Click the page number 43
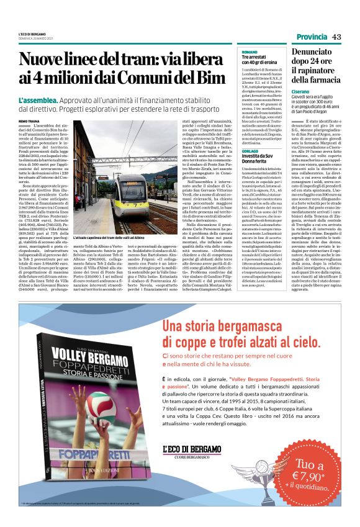pos(336,37)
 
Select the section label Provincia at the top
pos(307,37)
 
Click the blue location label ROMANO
pos(250,52)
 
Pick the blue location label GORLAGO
pos(251,150)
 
